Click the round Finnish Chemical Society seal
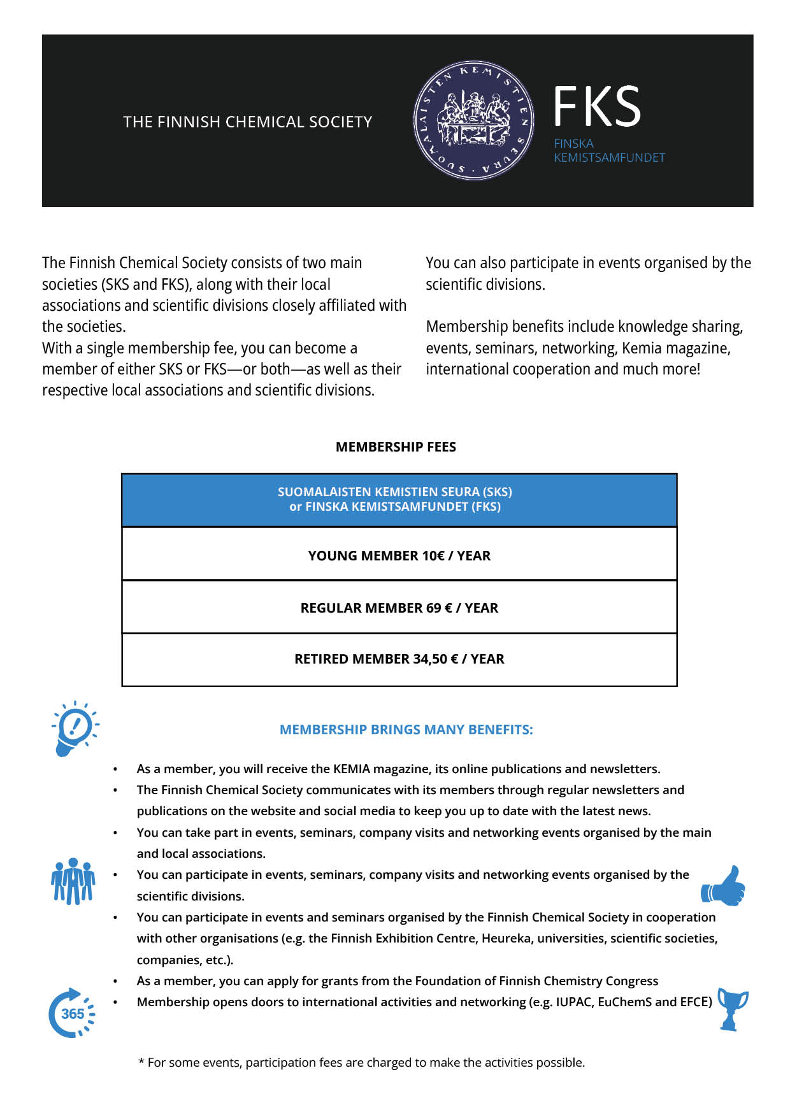coord(473,120)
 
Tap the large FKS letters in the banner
coord(596,106)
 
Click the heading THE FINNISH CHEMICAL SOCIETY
coord(247,122)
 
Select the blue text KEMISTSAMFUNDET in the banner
coord(609,158)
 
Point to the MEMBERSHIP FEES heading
coord(396,447)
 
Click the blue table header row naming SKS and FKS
coord(399,500)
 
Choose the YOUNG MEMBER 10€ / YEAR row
coord(399,555)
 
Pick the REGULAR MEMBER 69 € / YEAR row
coord(399,608)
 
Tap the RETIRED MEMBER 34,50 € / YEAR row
coord(399,659)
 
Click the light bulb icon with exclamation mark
coord(75,729)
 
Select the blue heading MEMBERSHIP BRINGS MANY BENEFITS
coord(406,730)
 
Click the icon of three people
coord(73,881)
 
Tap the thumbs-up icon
coord(724,886)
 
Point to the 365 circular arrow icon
coord(72,1013)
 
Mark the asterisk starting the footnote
coord(141,1062)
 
